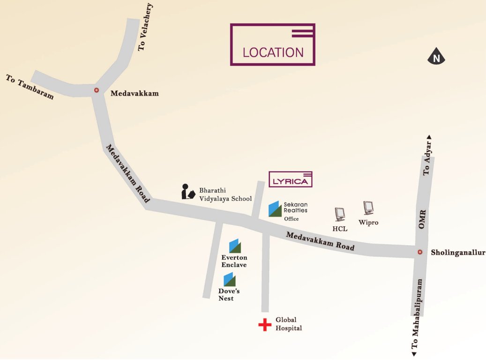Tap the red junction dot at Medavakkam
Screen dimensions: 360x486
[97, 90]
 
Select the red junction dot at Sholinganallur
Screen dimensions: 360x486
[420, 252]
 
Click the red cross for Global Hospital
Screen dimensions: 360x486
[265, 324]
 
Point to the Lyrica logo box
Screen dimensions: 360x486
[291, 179]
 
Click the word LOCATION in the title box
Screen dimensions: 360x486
[273, 52]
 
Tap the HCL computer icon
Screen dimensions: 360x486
[340, 214]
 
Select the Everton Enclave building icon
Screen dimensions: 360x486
[235, 246]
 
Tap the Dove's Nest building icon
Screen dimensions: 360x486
[230, 280]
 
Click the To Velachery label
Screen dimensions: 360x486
[146, 27]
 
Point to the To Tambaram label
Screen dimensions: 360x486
[30, 86]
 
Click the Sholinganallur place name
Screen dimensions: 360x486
[458, 253]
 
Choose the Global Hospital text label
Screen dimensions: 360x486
[288, 324]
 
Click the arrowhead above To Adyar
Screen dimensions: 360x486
[428, 137]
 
